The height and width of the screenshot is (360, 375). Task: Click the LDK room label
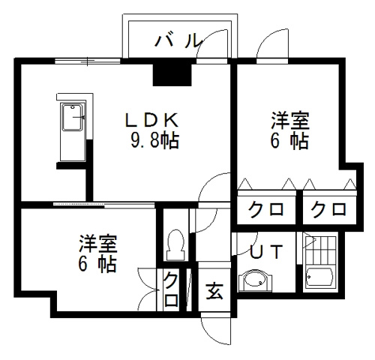point(152,120)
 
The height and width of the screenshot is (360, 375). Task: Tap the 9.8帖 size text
point(154,141)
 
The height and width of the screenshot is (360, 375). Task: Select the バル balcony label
point(178,40)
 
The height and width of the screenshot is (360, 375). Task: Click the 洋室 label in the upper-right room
point(290,121)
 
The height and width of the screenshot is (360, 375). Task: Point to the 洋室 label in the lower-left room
point(98,244)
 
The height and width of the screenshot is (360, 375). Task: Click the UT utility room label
point(266,251)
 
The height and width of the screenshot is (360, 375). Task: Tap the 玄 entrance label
point(214,291)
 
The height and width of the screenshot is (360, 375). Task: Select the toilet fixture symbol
point(176,245)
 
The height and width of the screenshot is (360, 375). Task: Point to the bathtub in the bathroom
point(319,277)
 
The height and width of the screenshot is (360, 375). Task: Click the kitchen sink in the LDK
point(72,117)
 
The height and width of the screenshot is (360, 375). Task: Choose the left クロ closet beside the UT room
point(266,209)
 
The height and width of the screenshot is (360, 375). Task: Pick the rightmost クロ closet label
point(328,209)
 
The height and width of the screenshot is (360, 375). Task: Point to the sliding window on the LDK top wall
point(88,61)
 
